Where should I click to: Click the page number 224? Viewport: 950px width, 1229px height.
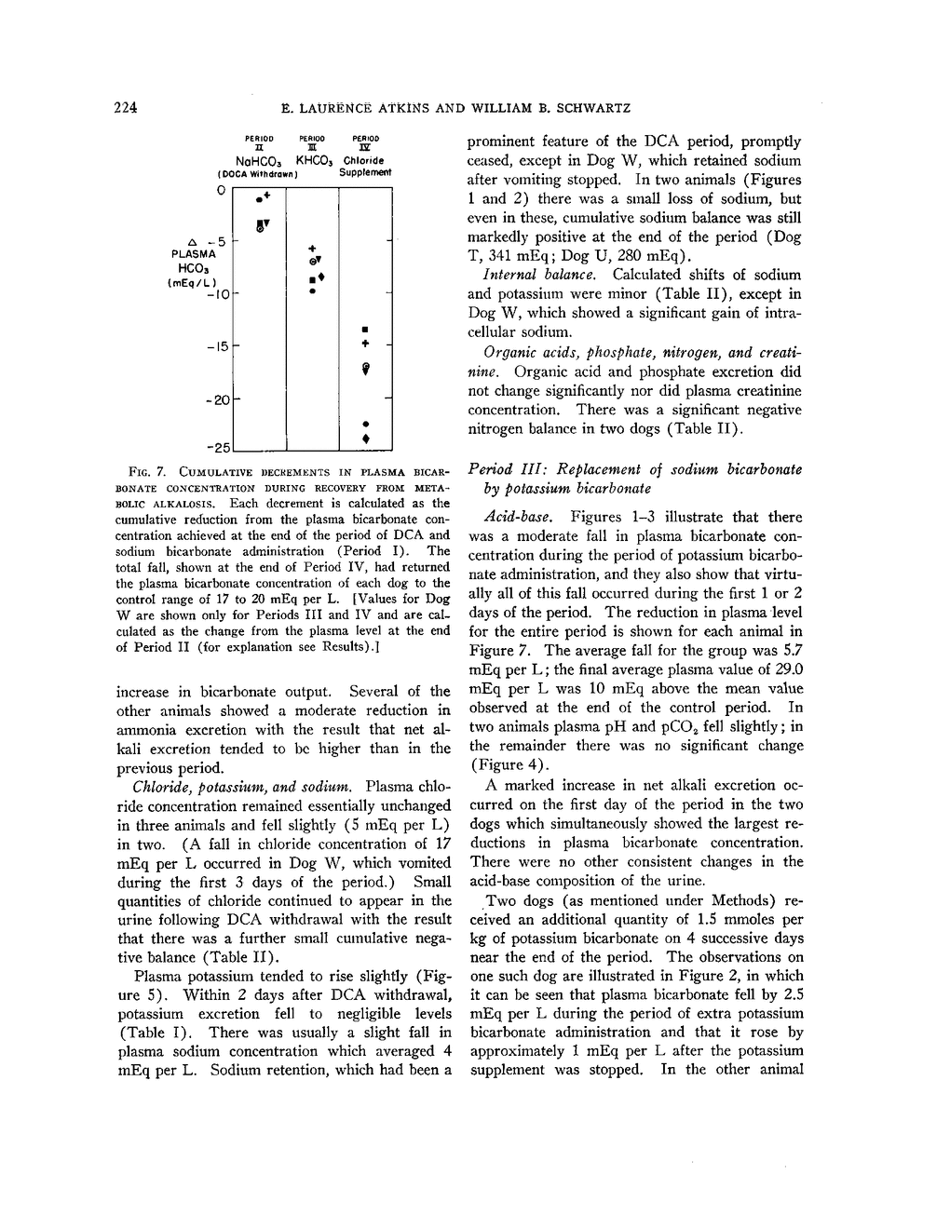[x=126, y=107]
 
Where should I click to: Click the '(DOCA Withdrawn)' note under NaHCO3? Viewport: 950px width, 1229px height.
[x=256, y=173]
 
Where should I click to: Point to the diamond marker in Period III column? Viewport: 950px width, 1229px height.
[x=322, y=277]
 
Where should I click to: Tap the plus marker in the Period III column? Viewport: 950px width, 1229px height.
[x=313, y=249]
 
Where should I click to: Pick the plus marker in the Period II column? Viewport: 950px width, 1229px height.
[x=266, y=196]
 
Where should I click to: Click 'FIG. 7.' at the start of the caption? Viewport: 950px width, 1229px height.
[x=133, y=466]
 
